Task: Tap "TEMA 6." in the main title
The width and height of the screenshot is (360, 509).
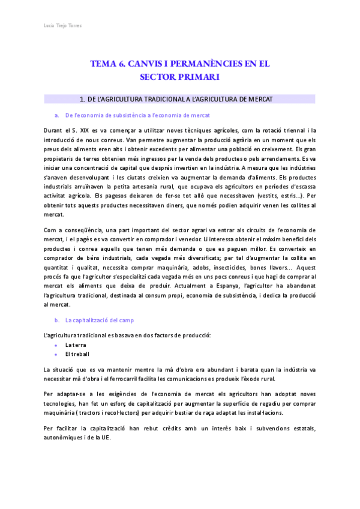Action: tap(106, 64)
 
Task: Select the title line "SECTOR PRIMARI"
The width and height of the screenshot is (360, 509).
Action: tap(179, 77)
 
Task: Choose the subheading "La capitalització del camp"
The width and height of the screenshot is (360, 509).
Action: tap(100, 320)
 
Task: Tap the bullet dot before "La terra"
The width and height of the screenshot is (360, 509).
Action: tap(56, 346)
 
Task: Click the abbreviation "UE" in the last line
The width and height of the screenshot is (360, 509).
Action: tap(106, 438)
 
